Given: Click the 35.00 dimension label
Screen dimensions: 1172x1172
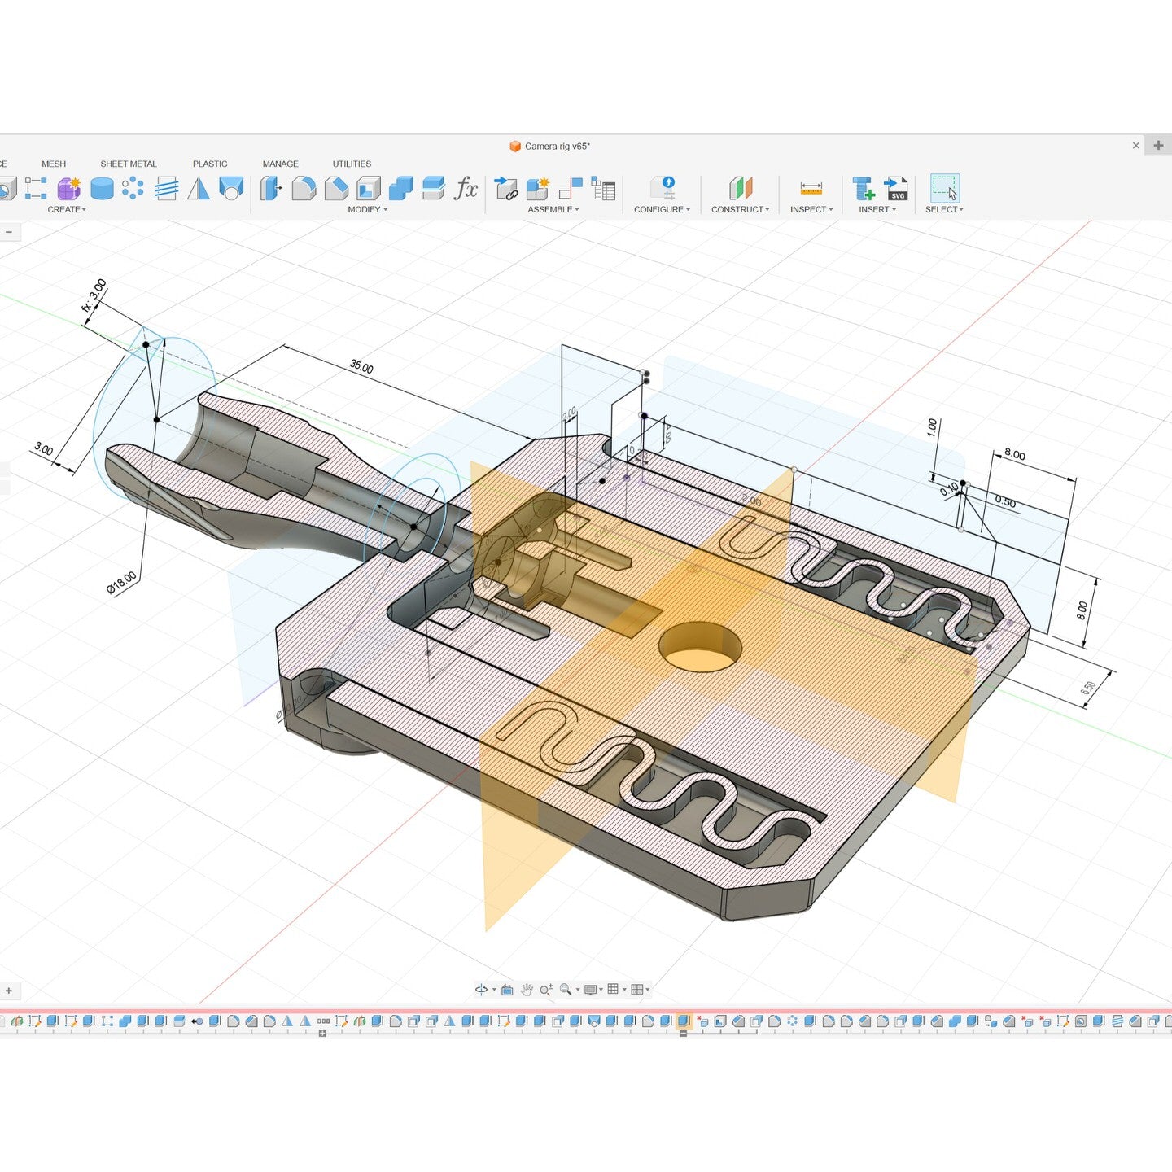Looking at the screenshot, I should point(361,367).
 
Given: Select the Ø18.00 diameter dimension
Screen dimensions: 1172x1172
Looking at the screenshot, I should point(122,583).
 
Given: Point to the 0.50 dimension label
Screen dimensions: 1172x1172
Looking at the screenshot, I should point(1005,502).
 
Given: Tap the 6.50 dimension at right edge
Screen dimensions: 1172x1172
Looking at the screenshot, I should point(1088,687).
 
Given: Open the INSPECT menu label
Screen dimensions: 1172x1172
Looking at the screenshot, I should point(811,209).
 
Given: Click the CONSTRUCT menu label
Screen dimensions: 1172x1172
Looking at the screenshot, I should point(739,209).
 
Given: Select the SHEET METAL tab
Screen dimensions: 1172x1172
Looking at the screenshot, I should point(129,164).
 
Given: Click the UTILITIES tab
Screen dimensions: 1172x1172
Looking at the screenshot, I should point(352,164).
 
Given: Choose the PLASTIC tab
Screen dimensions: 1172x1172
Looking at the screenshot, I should point(210,164).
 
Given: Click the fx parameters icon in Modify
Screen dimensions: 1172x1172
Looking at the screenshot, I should point(466,188).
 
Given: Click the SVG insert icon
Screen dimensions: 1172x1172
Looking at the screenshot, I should point(896,188).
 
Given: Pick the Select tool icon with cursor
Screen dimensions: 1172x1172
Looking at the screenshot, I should point(944,188).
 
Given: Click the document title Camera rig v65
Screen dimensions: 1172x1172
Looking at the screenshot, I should point(557,146).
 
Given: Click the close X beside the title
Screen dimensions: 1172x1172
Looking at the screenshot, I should point(1135,146).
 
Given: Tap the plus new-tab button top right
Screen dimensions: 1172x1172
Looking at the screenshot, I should point(1158,146).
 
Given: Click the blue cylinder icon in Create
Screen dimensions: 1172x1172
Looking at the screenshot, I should point(102,189).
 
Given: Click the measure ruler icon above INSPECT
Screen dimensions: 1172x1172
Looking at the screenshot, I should point(811,188).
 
